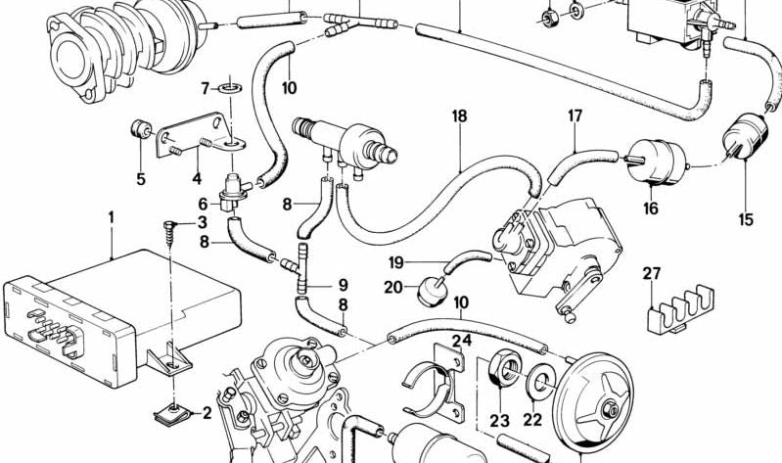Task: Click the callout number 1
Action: [x=112, y=217]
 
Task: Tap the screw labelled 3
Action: [x=168, y=233]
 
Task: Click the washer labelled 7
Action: [x=230, y=89]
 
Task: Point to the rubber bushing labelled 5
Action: [x=141, y=130]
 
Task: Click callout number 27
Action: [x=651, y=274]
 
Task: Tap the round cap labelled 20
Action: [x=431, y=291]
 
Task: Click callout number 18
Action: [x=459, y=116]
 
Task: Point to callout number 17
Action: [x=575, y=116]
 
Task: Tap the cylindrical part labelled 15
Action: [x=745, y=137]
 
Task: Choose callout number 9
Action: [x=343, y=286]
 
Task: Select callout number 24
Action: [x=462, y=341]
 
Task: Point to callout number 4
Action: [x=197, y=178]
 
